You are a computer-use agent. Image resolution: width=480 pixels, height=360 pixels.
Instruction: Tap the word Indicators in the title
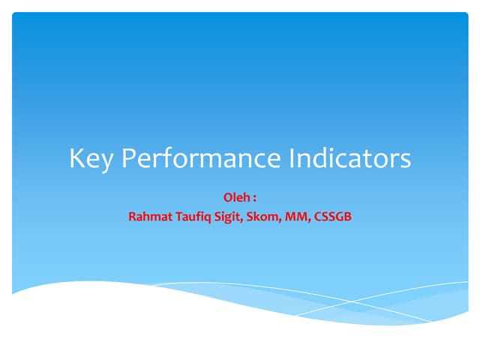tap(350, 158)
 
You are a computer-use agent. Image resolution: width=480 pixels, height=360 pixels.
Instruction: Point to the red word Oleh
tap(235, 197)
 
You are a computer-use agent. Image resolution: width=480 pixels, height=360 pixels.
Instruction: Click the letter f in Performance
tap(169, 158)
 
